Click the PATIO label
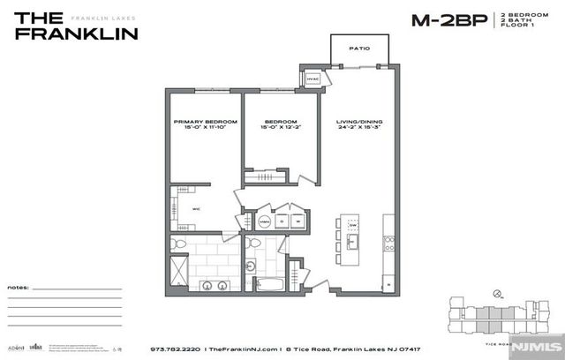coord(358,49)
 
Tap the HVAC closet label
coord(312,79)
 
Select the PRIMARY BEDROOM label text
coord(205,121)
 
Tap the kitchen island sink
coord(351,242)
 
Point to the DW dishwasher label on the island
coord(351,226)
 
